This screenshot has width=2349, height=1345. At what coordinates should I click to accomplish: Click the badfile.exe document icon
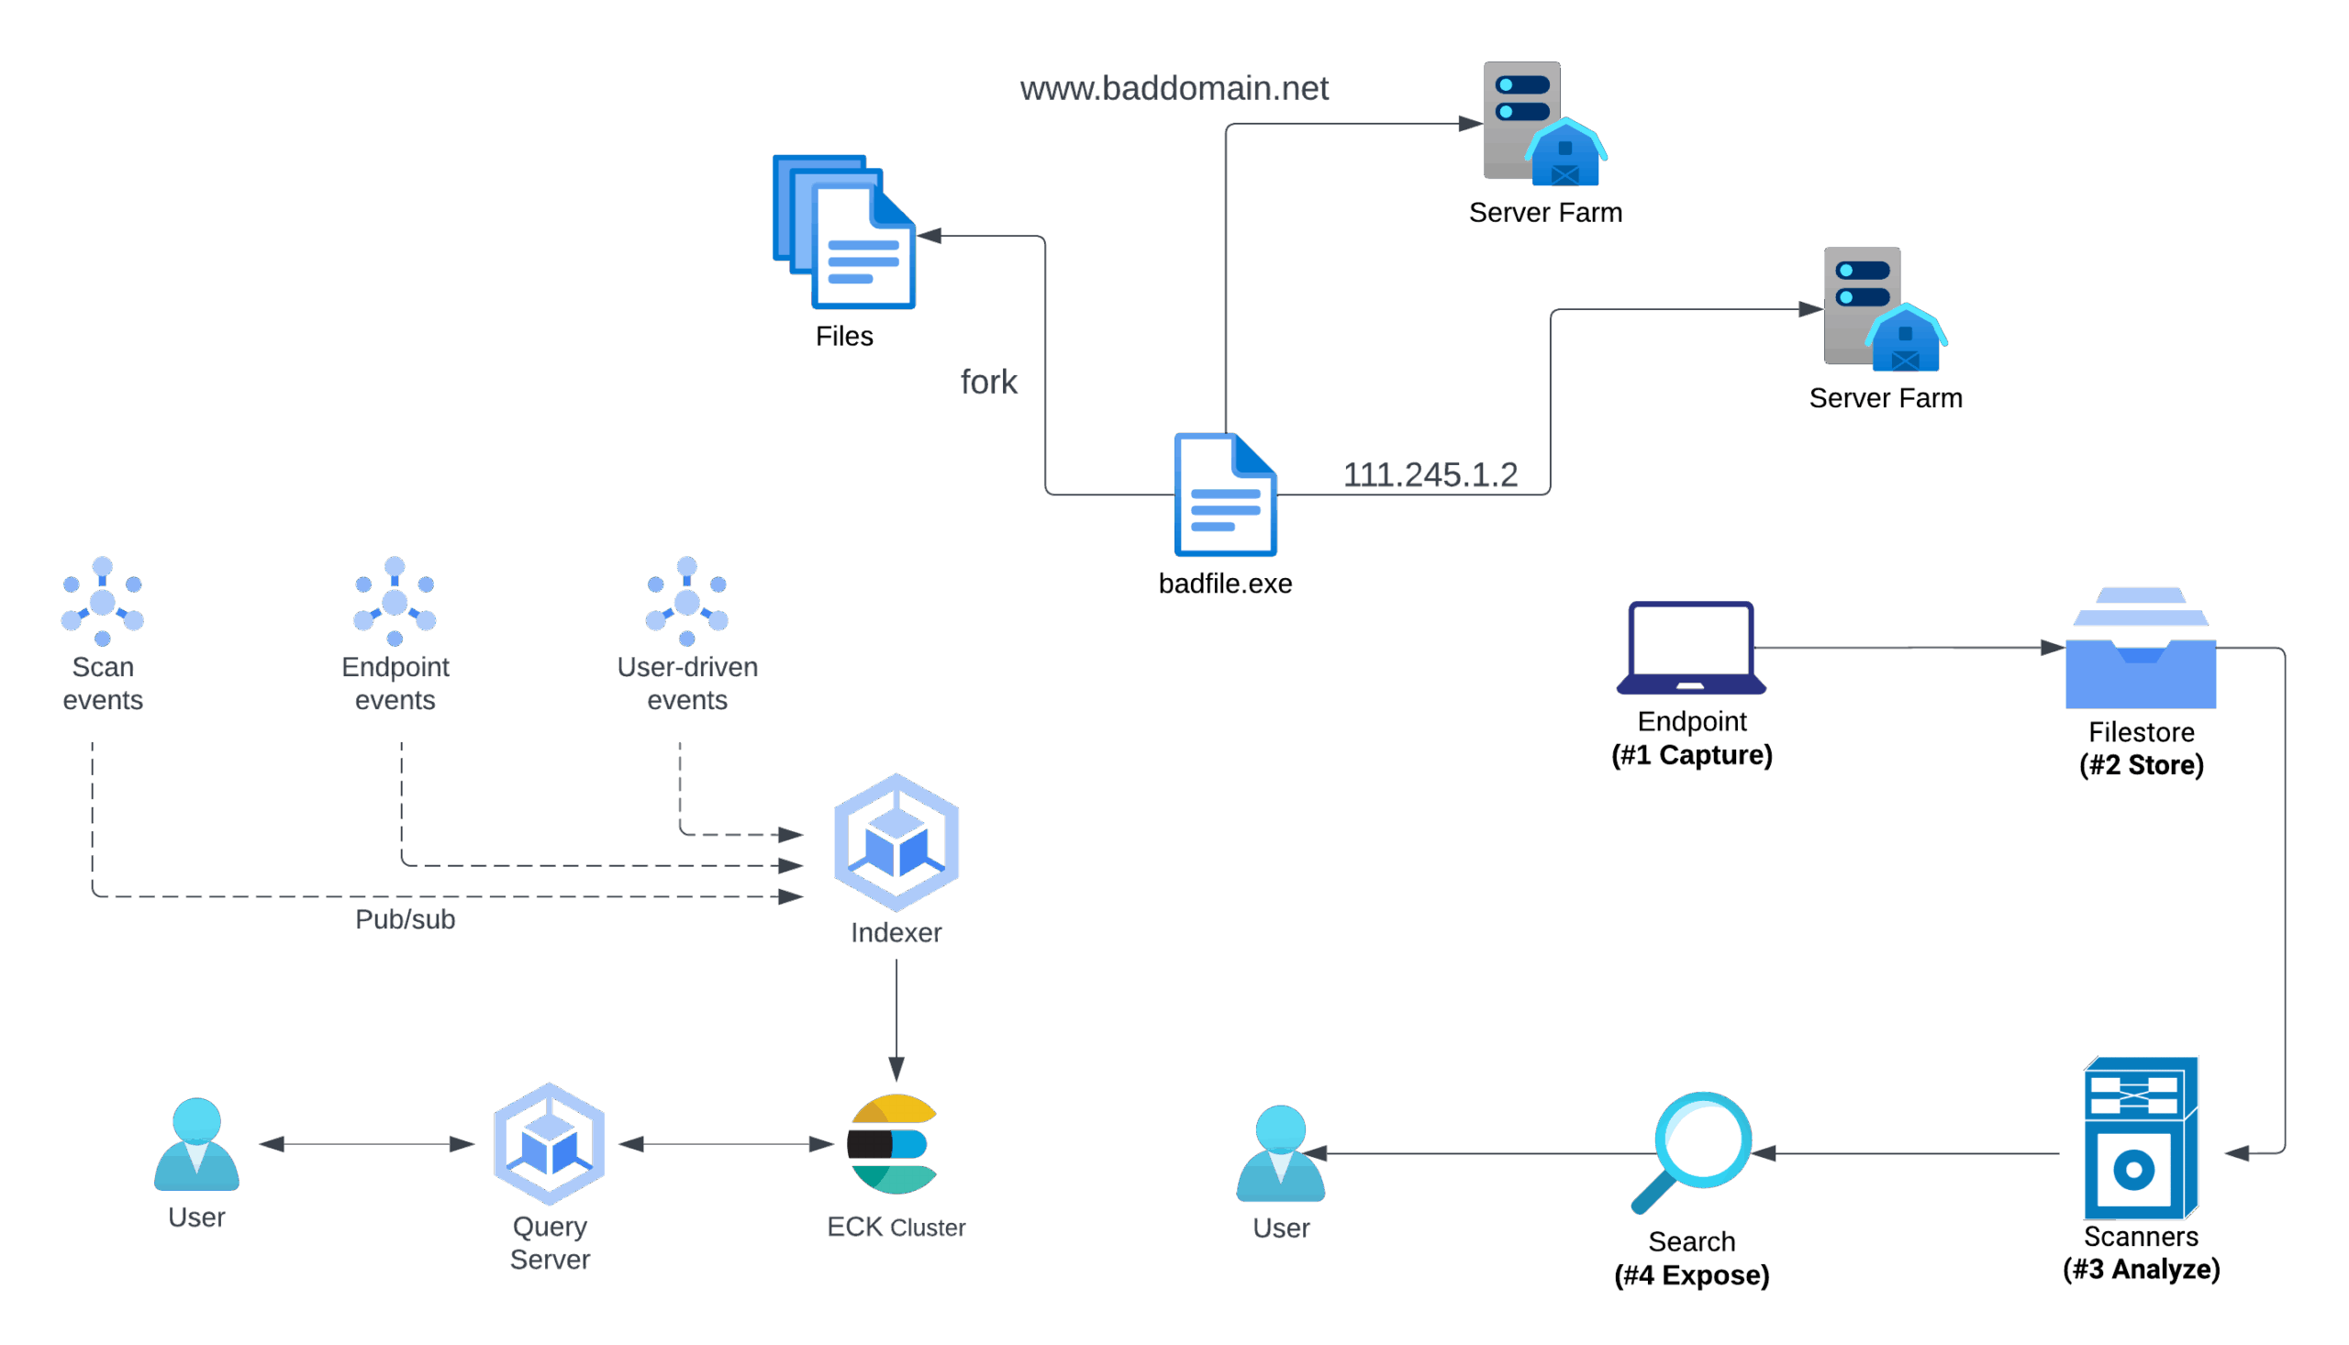tap(1226, 495)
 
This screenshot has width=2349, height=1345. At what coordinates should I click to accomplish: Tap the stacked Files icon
tap(844, 233)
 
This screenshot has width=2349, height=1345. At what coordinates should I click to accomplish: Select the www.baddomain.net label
tap(1174, 89)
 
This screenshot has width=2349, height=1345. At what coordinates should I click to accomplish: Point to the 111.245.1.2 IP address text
tap(1431, 475)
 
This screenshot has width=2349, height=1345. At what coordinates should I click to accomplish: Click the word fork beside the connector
tap(989, 382)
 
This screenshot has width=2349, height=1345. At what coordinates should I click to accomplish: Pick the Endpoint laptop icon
tap(1691, 649)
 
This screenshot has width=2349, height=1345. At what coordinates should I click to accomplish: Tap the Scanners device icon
tap(2140, 1138)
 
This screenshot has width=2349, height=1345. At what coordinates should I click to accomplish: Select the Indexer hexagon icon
tap(896, 842)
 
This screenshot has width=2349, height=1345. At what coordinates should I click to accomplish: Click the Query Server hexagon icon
tap(550, 1145)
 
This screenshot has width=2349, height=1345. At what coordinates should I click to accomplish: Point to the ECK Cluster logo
tap(893, 1145)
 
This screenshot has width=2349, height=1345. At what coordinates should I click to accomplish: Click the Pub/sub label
tap(406, 919)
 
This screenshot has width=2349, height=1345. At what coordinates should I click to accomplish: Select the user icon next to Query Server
tap(196, 1146)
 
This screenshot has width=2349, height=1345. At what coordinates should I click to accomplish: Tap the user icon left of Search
tap(1280, 1154)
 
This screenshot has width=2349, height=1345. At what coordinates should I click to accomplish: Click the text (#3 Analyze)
tap(2141, 1270)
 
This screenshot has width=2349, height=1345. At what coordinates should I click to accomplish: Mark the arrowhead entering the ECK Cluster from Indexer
tap(896, 1070)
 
